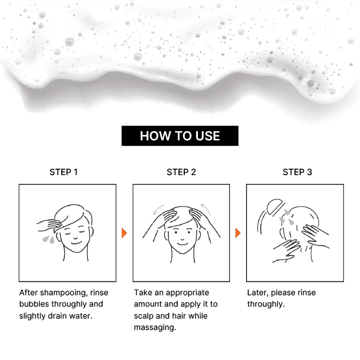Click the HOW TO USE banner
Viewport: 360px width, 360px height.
(180, 136)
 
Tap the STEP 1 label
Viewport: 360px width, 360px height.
(64, 172)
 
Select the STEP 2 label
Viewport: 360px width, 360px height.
(181, 172)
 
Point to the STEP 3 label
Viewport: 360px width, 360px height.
(297, 172)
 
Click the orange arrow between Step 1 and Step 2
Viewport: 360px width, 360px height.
(124, 233)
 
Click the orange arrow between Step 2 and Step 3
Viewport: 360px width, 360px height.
(238, 233)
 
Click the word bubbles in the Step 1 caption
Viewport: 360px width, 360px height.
(34, 304)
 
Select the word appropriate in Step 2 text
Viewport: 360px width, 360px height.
(188, 293)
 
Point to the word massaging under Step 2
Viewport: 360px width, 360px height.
(155, 328)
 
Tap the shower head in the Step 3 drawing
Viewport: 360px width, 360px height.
(275, 207)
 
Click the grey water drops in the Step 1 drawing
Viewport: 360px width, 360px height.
(49, 239)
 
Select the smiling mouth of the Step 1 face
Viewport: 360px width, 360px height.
(76, 243)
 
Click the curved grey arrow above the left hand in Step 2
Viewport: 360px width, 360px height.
(159, 209)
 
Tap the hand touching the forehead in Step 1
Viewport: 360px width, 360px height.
(49, 225)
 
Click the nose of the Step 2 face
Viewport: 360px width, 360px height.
(182, 238)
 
